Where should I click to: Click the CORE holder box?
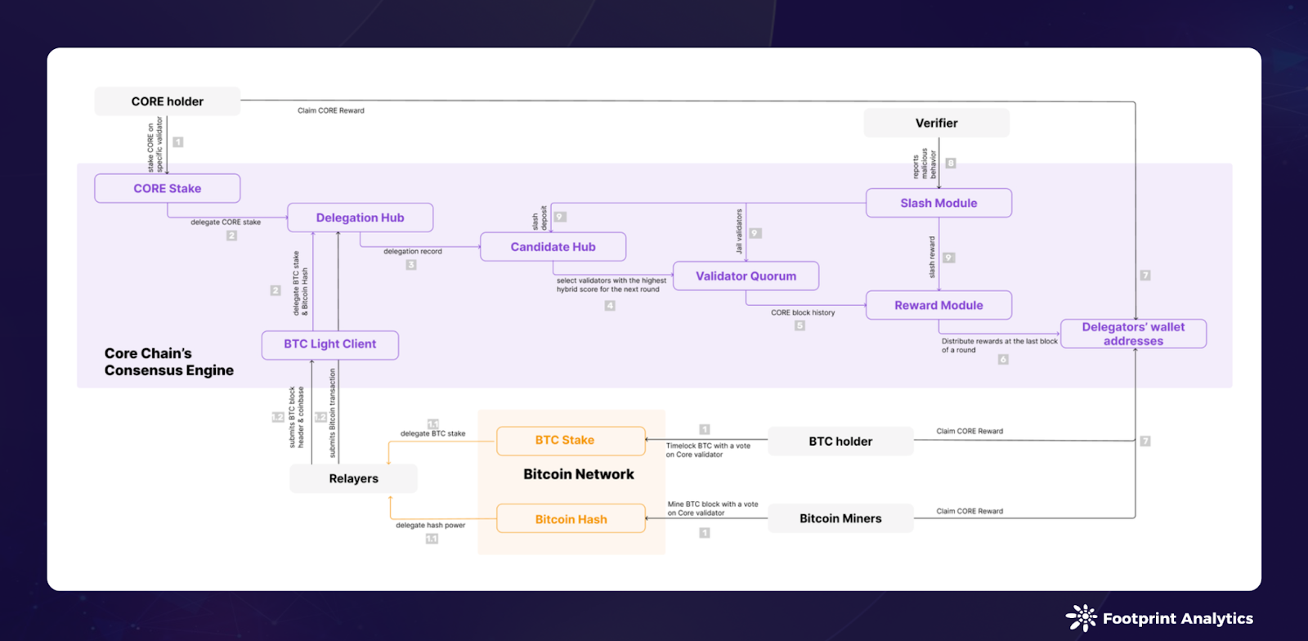(168, 101)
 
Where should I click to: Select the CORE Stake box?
(168, 188)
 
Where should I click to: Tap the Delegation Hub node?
(360, 217)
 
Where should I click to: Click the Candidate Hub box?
(553, 247)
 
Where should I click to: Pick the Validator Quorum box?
(746, 276)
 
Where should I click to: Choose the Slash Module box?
(938, 203)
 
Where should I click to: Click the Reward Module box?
(938, 305)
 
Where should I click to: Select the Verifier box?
(936, 123)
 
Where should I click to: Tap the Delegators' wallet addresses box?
(1133, 334)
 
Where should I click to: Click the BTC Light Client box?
(329, 344)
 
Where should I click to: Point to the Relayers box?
(353, 478)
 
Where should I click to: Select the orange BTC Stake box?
(571, 441)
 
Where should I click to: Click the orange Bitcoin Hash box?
(571, 519)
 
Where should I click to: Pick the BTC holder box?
(840, 442)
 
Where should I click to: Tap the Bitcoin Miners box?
(840, 518)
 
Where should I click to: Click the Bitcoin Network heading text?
(579, 474)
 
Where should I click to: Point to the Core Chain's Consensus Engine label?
(168, 362)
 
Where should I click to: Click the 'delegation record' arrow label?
(412, 252)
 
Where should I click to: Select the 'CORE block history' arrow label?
(803, 312)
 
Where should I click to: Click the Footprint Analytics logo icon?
(1081, 618)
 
